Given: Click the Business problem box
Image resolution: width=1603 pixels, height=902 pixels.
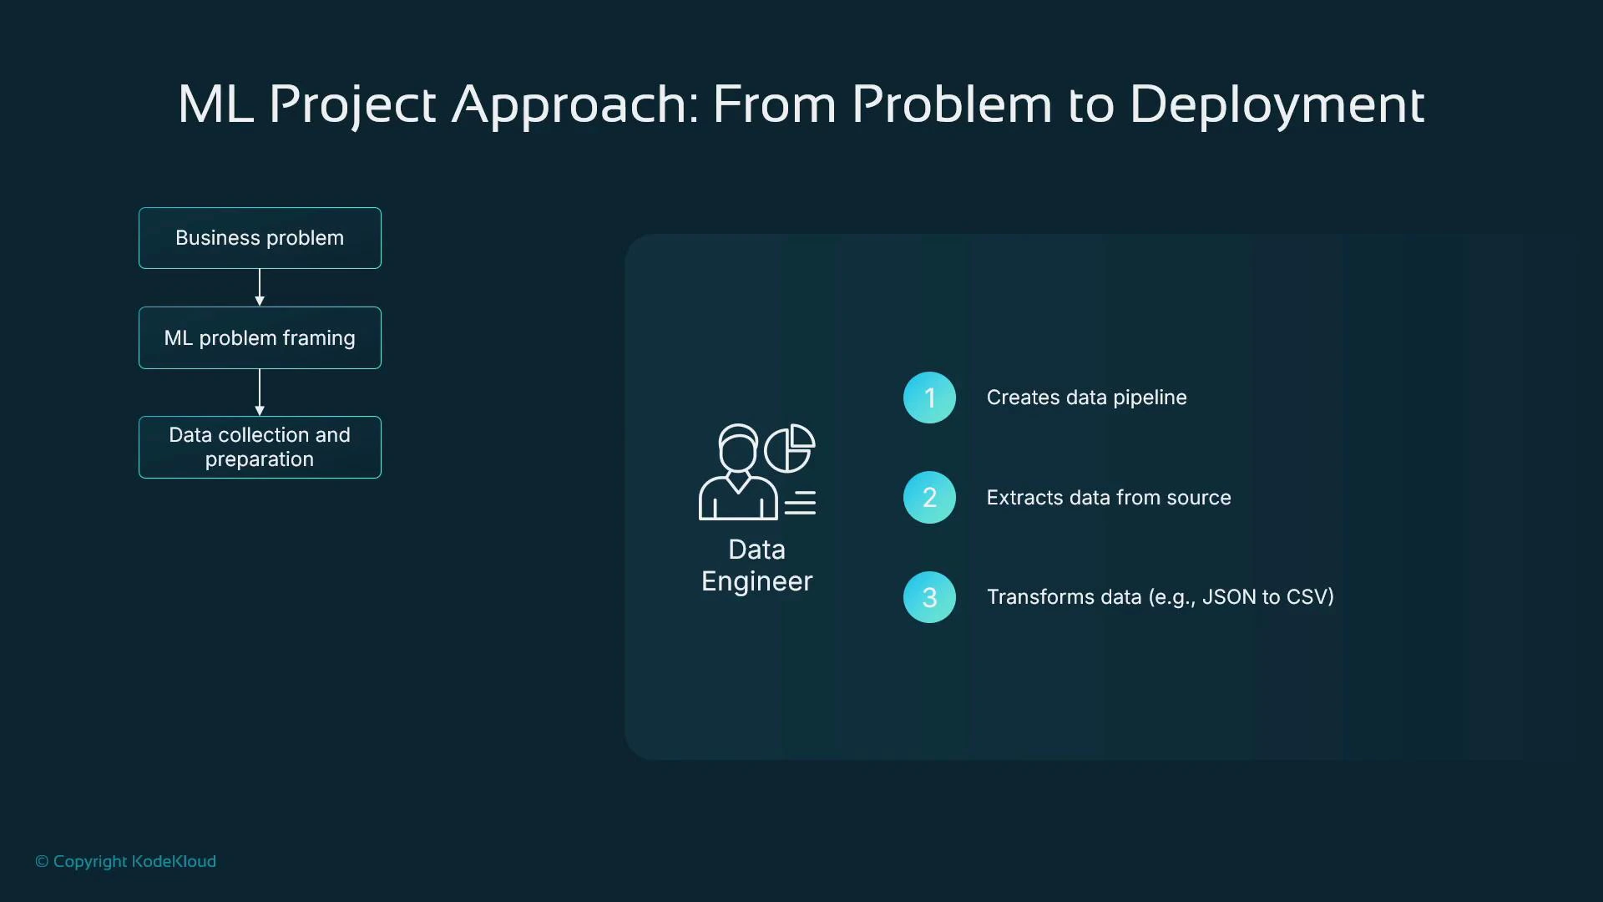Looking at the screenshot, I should tap(260, 238).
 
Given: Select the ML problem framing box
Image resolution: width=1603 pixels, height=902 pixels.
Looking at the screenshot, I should tap(260, 337).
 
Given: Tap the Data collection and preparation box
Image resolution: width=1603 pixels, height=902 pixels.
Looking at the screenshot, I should tap(260, 447).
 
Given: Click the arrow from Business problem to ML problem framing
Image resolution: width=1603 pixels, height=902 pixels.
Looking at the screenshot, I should tap(260, 287).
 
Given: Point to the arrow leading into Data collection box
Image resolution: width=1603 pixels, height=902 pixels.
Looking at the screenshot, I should tap(260, 392).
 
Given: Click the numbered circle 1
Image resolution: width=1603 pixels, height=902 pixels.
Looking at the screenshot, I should tap(929, 398).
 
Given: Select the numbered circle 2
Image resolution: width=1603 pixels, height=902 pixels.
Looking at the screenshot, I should tap(929, 498).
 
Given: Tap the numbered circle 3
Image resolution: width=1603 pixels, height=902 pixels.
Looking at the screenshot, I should tap(929, 597).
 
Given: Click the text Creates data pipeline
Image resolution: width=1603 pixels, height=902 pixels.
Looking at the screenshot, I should tap(1086, 398).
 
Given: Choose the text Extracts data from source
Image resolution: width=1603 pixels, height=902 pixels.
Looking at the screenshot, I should tap(1108, 498).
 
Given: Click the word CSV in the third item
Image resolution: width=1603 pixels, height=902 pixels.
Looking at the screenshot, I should tap(1309, 597).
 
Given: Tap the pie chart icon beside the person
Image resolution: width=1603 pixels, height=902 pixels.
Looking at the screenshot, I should tap(790, 448).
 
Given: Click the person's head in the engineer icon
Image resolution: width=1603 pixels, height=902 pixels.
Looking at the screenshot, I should tap(738, 449).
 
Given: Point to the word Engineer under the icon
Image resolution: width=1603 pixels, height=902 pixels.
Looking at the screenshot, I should tap(756, 581).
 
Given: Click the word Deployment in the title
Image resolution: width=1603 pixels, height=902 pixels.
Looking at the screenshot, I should tap(1277, 105).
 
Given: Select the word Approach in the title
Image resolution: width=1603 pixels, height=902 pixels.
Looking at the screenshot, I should tap(575, 105).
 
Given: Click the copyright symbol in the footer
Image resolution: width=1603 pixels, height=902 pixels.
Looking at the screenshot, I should tap(42, 862).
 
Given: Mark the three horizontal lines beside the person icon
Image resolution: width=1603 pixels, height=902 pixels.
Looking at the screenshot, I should tap(800, 503).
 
